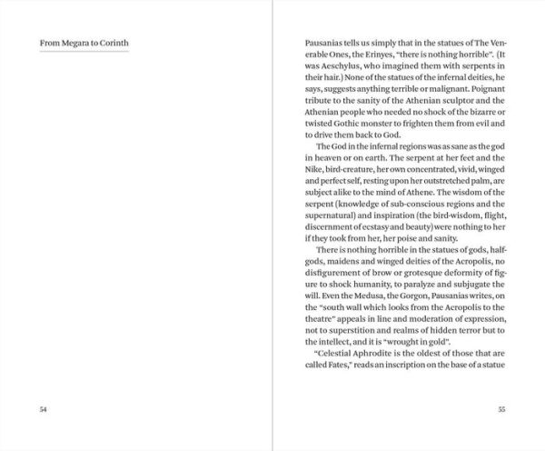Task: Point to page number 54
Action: (x=43, y=409)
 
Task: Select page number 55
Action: (x=500, y=409)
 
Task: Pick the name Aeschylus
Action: (x=333, y=72)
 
